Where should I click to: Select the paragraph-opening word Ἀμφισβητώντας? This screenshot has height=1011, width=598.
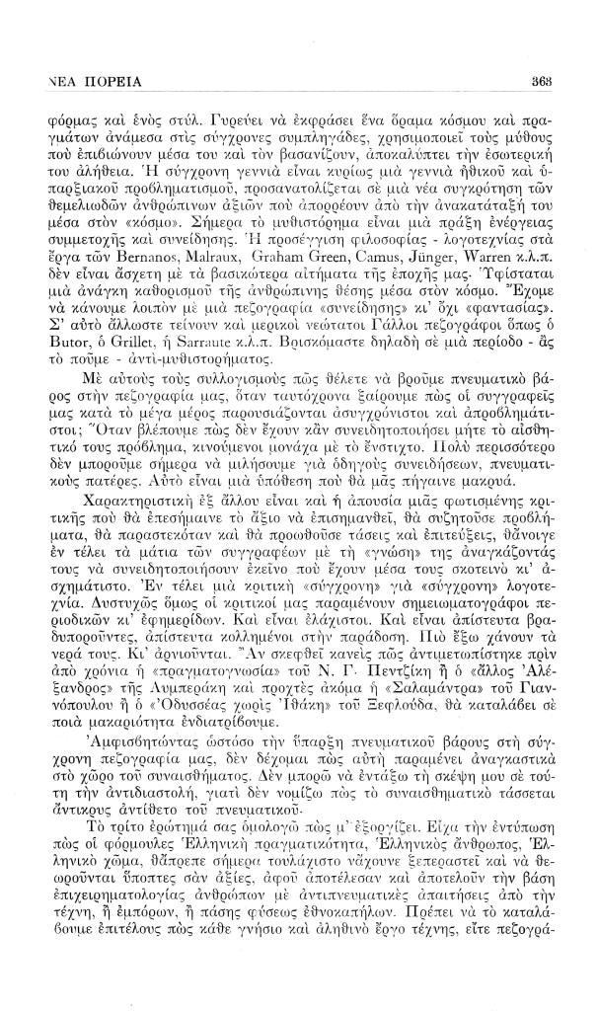121,776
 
